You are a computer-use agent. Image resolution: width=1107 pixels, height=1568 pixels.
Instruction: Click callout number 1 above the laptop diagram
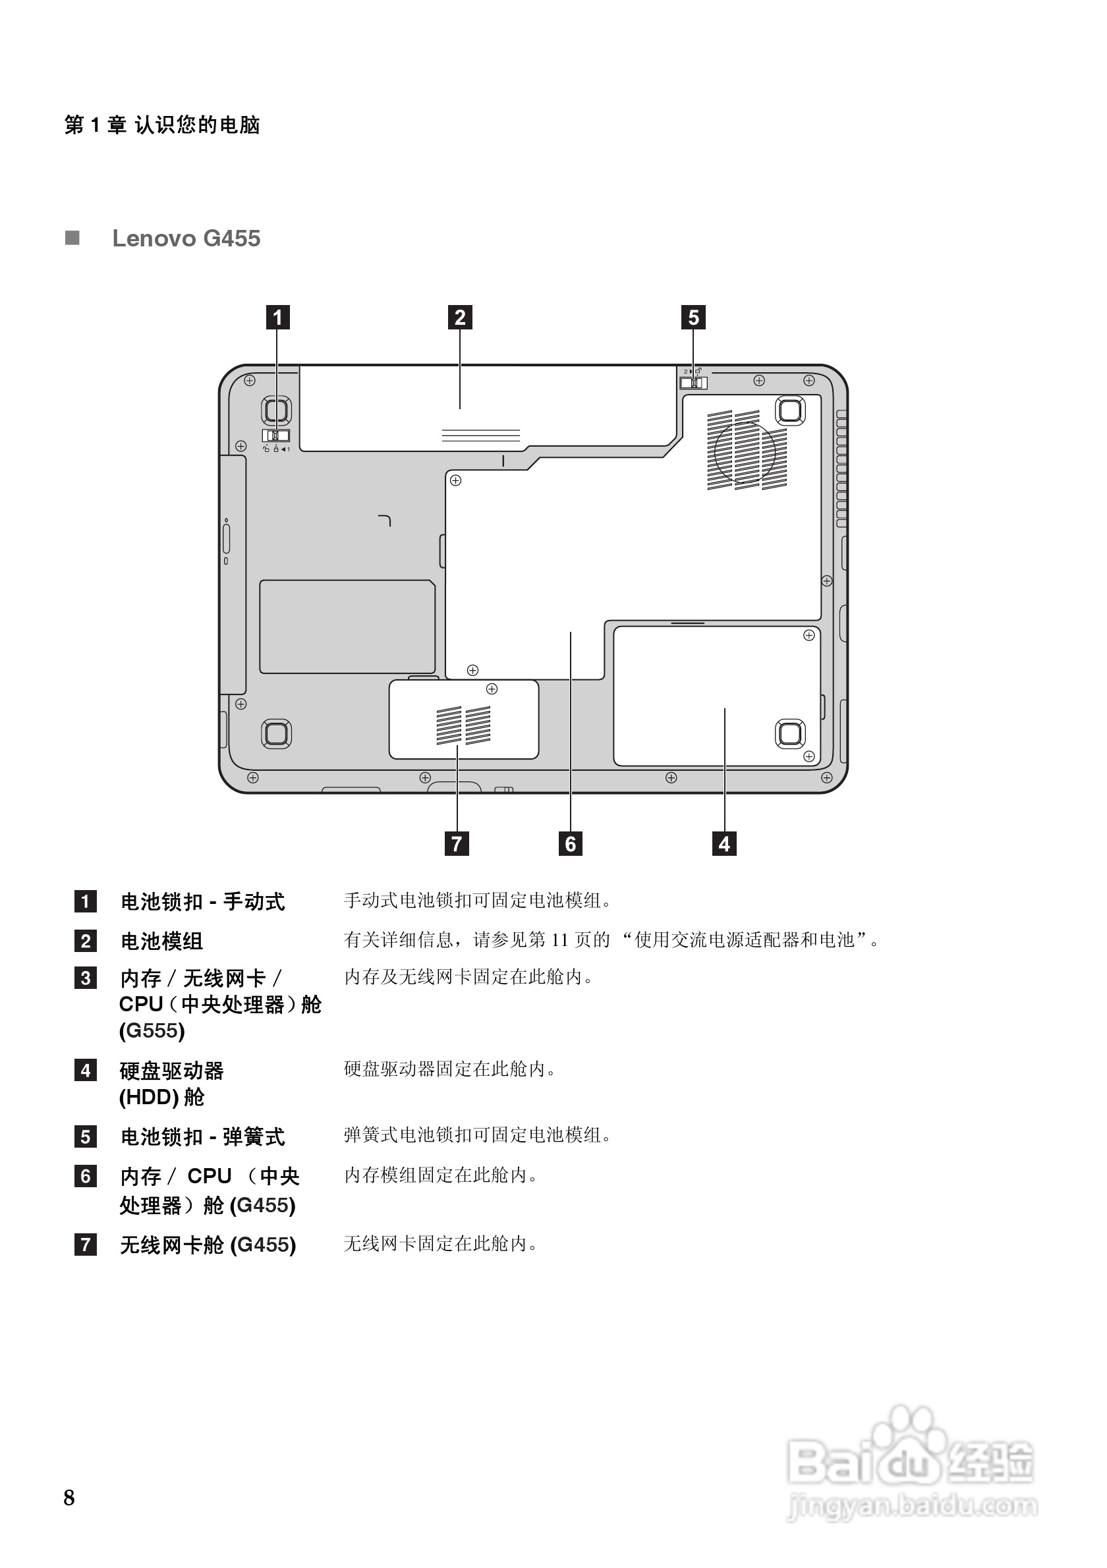(277, 318)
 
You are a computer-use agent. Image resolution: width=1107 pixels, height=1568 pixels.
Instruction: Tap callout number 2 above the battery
(459, 318)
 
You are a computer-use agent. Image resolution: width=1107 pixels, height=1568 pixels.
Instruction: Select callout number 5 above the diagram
(693, 318)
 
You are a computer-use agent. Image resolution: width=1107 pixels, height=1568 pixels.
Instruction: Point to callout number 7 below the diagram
(457, 844)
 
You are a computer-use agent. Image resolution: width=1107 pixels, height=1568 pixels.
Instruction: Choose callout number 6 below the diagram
(570, 844)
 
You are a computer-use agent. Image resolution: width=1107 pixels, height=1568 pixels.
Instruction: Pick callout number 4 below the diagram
(724, 844)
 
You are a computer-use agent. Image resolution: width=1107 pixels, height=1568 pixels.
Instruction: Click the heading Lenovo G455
(186, 238)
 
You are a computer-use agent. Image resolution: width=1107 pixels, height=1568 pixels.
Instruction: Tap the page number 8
(69, 1498)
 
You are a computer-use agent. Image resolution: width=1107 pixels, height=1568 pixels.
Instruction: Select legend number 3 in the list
(86, 978)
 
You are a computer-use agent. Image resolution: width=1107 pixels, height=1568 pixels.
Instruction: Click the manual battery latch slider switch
(276, 435)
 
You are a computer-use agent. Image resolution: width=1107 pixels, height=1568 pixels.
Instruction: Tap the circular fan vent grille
(746, 450)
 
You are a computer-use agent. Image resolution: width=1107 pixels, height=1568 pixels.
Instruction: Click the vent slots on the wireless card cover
(464, 725)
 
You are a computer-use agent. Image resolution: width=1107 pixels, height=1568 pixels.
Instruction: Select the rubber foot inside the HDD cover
(790, 733)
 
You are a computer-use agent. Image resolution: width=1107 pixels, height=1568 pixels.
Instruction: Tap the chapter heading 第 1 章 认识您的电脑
(162, 125)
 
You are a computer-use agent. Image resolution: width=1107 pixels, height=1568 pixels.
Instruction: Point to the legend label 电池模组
(162, 941)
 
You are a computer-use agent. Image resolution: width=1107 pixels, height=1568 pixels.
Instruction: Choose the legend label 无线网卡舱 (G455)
(208, 1245)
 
